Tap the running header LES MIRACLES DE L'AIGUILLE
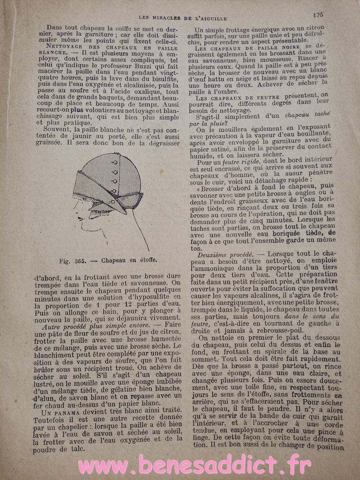(x=183, y=18)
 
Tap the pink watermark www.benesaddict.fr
(x=194, y=465)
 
